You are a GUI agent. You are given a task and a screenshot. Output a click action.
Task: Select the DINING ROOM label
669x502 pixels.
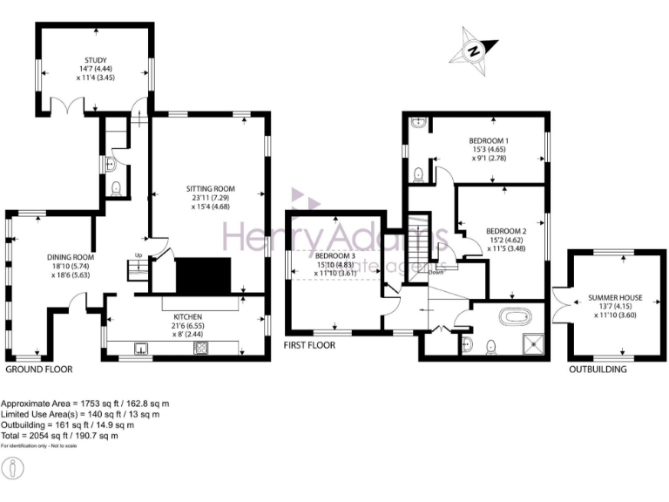(x=71, y=257)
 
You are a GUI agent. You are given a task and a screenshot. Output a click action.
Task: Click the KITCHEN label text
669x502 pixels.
(x=187, y=316)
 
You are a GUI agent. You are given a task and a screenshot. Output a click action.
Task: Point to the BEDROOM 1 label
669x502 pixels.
(x=489, y=141)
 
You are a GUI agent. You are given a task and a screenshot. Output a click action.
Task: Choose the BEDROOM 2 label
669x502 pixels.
(x=506, y=231)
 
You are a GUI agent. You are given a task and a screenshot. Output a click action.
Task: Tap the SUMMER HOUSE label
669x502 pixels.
(x=615, y=298)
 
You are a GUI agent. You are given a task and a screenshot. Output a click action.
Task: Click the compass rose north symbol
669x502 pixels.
(x=475, y=50)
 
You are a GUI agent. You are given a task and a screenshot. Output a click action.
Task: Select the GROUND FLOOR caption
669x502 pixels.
(x=39, y=370)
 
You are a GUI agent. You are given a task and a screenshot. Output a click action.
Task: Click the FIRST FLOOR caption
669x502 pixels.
(x=309, y=345)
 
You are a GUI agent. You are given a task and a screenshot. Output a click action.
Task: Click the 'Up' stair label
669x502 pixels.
(x=138, y=255)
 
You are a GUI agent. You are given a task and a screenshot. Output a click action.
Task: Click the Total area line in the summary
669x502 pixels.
(x=59, y=436)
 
